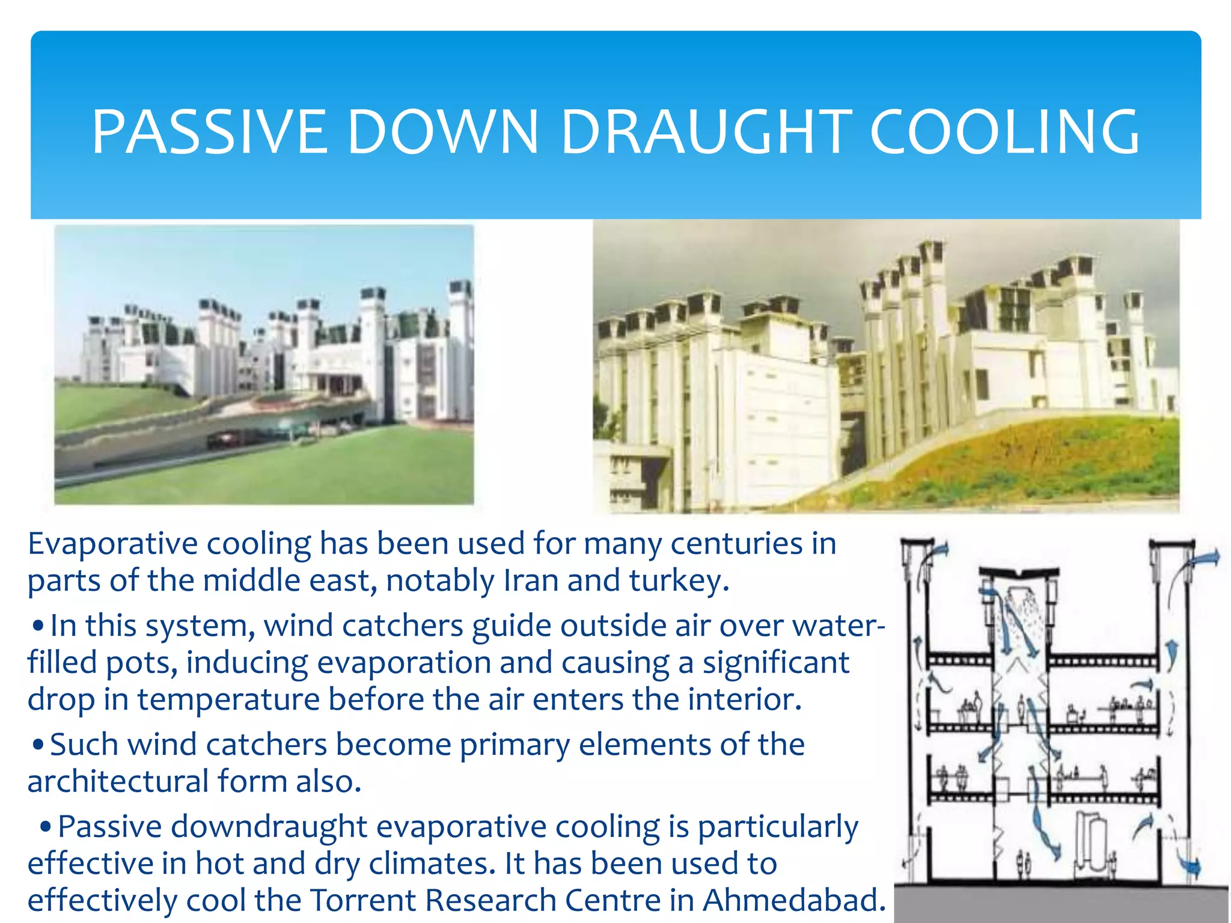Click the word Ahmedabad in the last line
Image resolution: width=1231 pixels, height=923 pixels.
coord(793,900)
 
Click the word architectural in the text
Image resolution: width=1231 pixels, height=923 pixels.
coord(118,781)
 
